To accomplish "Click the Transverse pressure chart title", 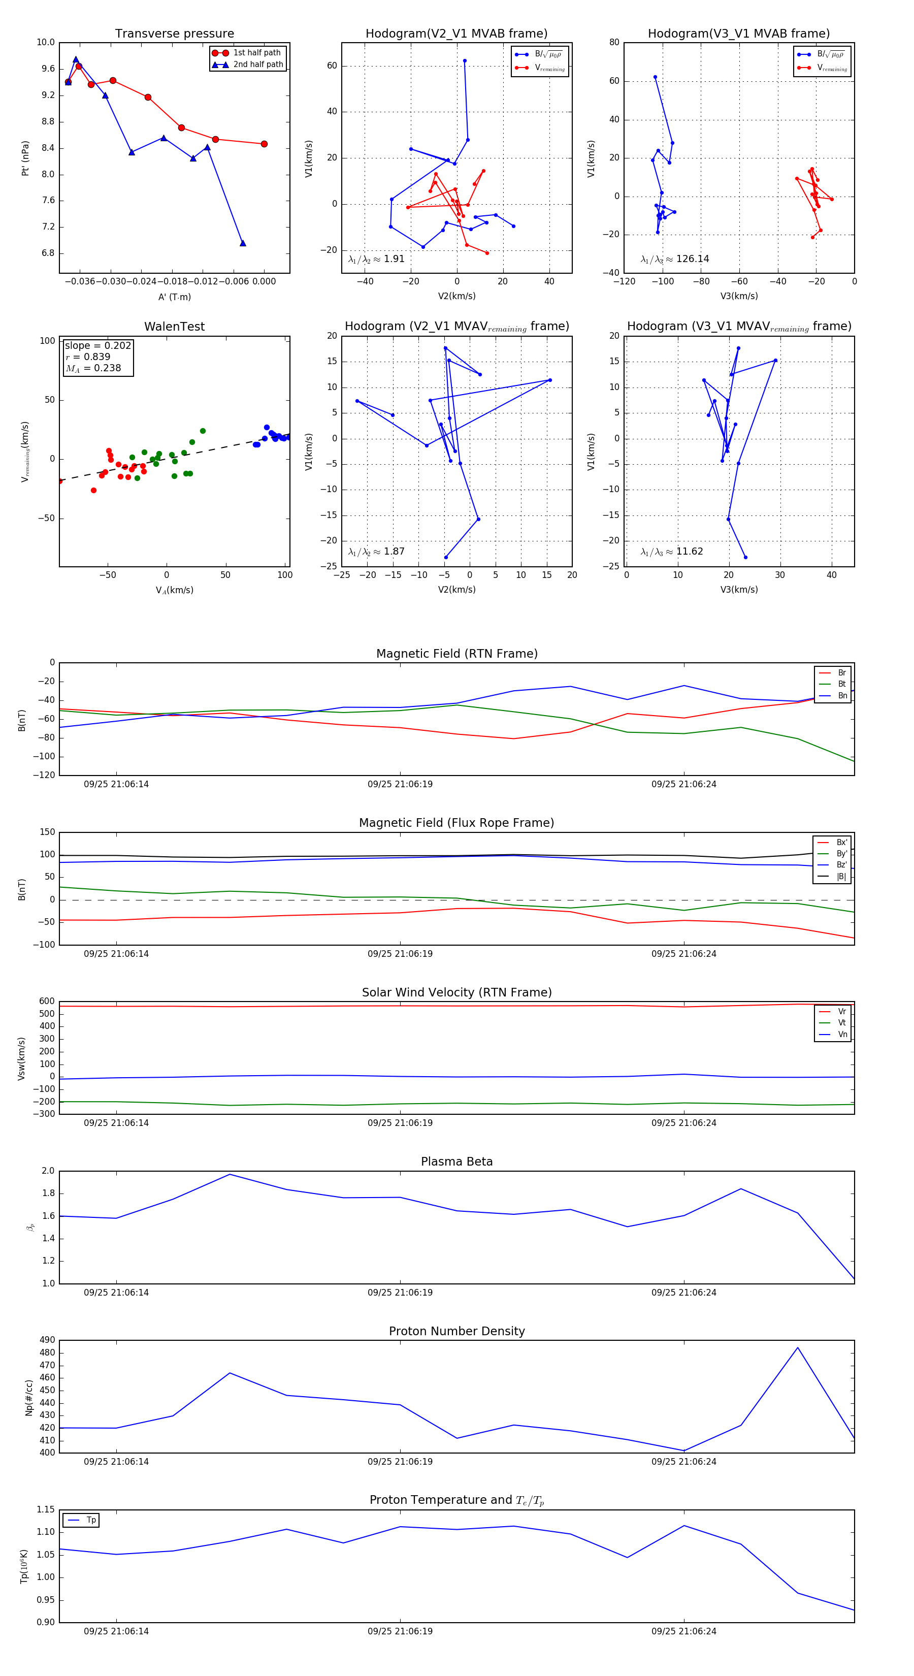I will pyautogui.click(x=174, y=34).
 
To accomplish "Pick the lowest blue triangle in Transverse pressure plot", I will pyautogui.click(x=243, y=243).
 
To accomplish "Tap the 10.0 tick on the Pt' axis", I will pyautogui.click(x=46, y=42).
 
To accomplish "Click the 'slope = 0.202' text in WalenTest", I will pyautogui.click(x=97, y=345).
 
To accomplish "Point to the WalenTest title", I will pyautogui.click(x=174, y=327).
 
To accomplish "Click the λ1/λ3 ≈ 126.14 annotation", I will pyautogui.click(x=675, y=259).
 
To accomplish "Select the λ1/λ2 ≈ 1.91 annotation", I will pyautogui.click(x=376, y=259).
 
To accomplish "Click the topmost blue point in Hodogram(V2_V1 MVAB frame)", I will pyautogui.click(x=465, y=60).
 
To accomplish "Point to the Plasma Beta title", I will pyautogui.click(x=456, y=1162).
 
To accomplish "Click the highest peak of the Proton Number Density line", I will pyautogui.click(x=798, y=1347).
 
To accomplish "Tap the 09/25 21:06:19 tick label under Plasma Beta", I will pyautogui.click(x=400, y=1293).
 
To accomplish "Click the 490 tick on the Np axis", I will pyautogui.click(x=47, y=1340).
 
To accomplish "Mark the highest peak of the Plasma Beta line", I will pyautogui.click(x=230, y=1174).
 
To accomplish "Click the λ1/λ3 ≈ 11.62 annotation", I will pyautogui.click(x=671, y=552).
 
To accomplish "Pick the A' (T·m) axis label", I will pyautogui.click(x=174, y=297).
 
